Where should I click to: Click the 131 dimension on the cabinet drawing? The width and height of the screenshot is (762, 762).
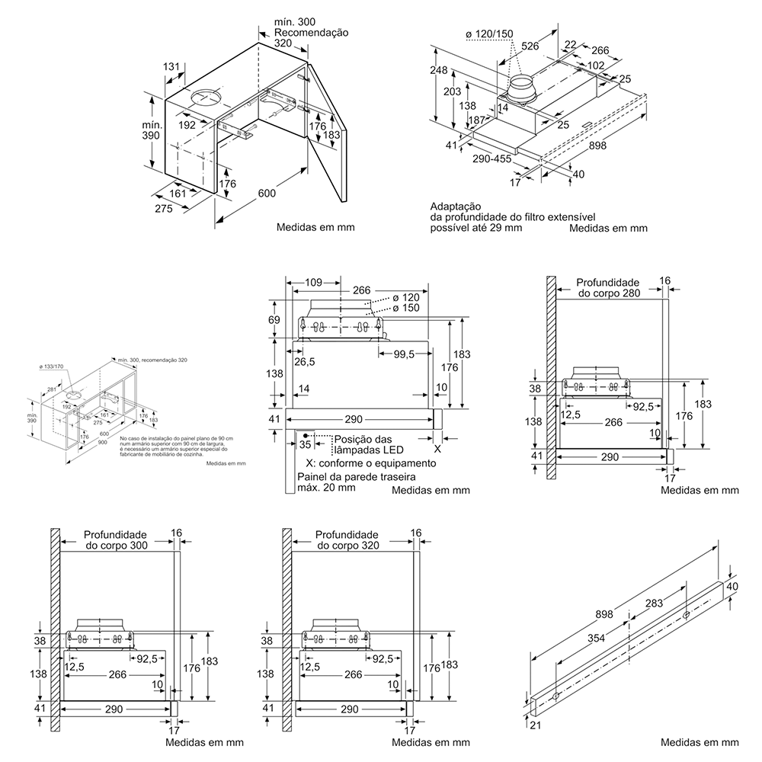(171, 67)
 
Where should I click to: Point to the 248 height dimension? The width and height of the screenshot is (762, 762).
(438, 71)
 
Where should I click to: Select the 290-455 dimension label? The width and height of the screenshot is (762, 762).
(492, 160)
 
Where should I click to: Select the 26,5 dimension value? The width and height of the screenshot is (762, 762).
(305, 361)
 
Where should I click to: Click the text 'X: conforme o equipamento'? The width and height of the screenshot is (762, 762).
(370, 463)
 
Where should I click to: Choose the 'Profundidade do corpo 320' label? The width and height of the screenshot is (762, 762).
(347, 540)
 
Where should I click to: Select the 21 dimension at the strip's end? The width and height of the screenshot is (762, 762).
(535, 725)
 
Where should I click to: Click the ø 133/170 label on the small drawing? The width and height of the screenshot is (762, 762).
(51, 367)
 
